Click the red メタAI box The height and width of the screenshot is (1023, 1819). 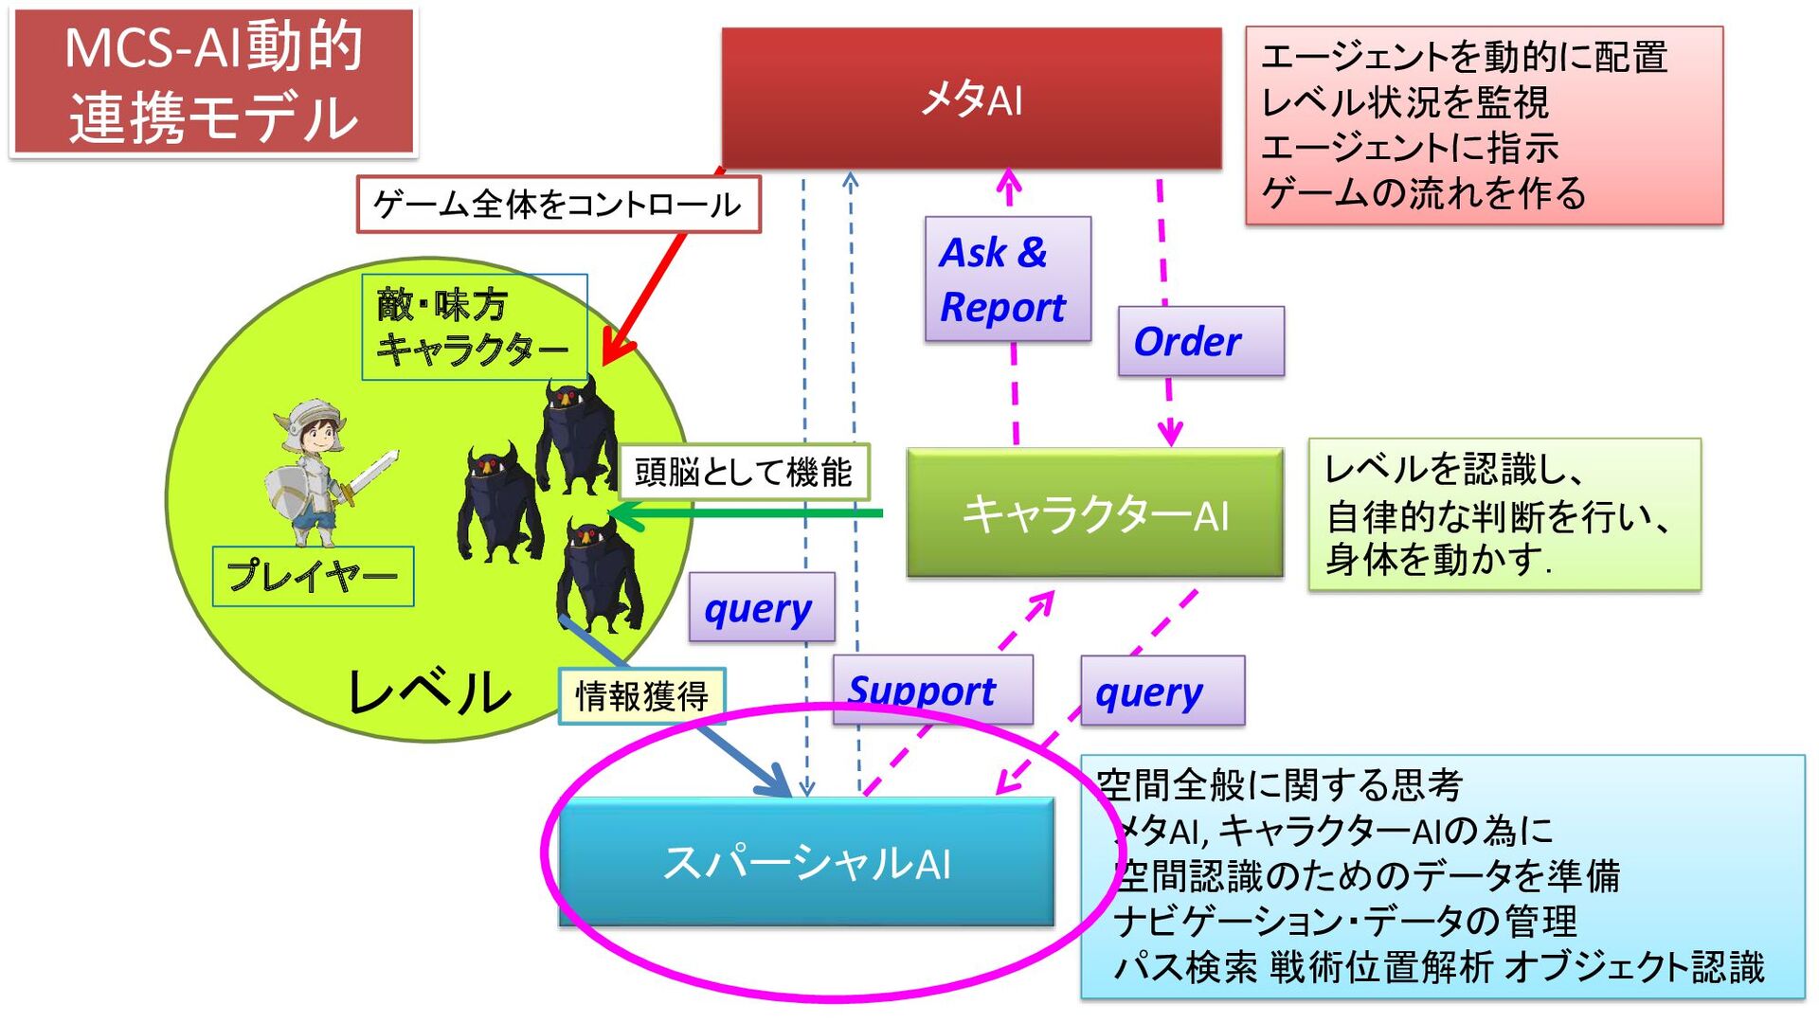[x=971, y=99]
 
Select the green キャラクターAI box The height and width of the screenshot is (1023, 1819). [x=1094, y=513]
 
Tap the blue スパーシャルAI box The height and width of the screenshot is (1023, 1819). [x=806, y=861]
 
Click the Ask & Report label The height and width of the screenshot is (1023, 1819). [x=1007, y=279]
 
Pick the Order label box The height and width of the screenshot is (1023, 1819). [x=1200, y=341]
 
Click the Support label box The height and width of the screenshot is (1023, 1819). [x=932, y=690]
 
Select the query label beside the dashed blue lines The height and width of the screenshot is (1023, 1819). [x=762, y=607]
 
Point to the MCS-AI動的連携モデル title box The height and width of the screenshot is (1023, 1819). [x=213, y=82]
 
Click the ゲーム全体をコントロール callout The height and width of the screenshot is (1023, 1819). [x=558, y=204]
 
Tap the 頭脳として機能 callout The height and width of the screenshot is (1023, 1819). [x=744, y=472]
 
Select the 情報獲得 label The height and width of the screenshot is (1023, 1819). [x=641, y=696]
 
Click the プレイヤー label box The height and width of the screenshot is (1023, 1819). [x=313, y=576]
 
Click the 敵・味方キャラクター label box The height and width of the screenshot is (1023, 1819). [x=474, y=327]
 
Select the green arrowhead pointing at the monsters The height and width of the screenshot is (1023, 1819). [x=625, y=515]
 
